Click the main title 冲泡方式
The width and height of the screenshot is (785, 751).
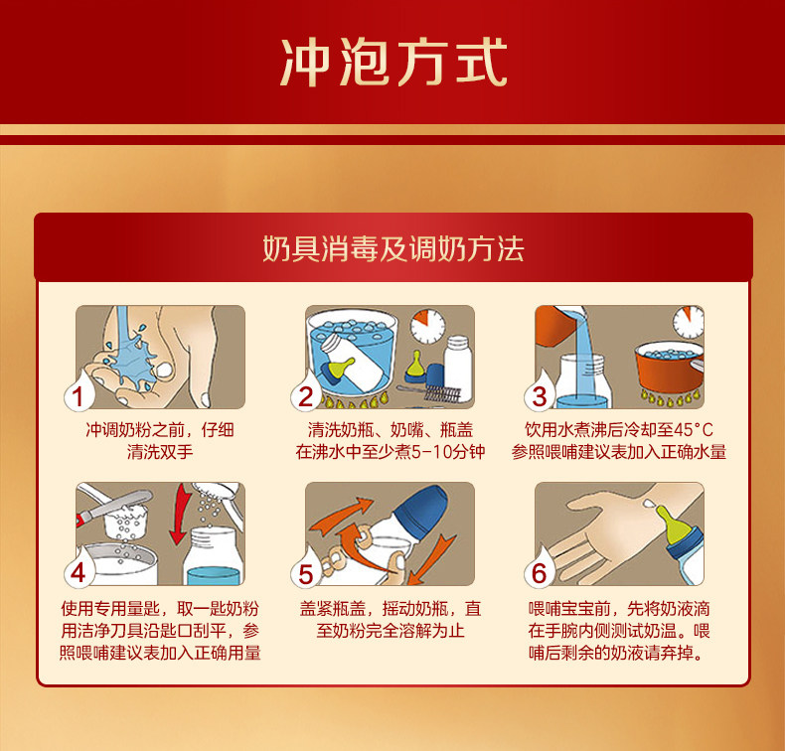point(393,63)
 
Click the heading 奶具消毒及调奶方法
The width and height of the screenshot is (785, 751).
point(393,248)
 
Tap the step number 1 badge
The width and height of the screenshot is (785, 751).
point(78,396)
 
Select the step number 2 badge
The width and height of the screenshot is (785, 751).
point(306,396)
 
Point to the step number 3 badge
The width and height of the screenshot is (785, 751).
point(539,396)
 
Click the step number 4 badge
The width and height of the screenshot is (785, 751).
point(78,573)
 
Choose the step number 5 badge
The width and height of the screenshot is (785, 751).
point(306,573)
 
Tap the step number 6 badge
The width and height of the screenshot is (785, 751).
point(539,573)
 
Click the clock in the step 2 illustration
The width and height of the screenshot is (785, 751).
point(428,326)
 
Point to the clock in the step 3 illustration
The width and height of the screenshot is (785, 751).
point(689,322)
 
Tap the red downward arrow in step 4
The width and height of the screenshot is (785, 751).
point(180,514)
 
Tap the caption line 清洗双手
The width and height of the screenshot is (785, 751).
point(160,452)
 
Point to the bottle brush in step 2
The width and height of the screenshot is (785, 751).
point(428,392)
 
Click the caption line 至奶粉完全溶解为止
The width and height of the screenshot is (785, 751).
point(391,631)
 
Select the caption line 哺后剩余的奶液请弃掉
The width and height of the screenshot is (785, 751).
point(616,653)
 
